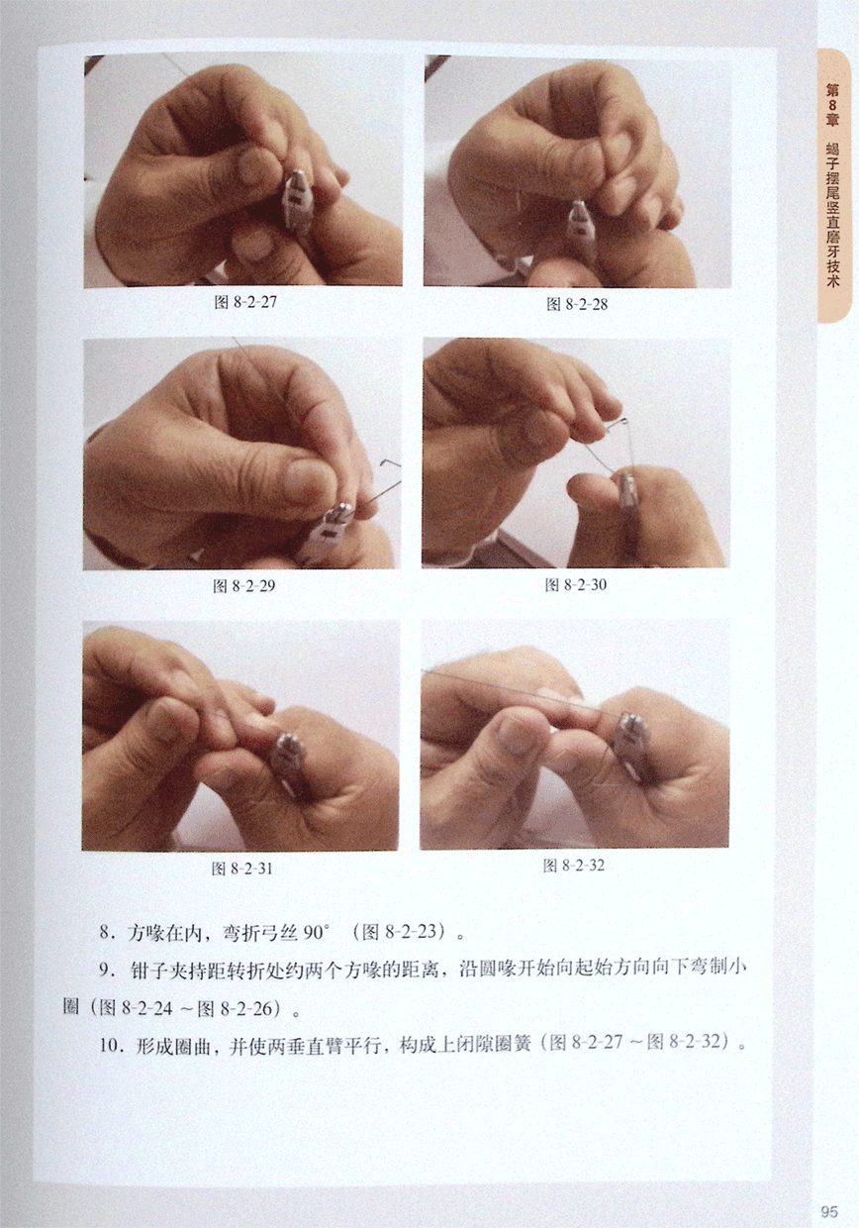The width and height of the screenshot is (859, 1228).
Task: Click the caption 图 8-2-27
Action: (244, 302)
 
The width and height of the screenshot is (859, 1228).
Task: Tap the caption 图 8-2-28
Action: (577, 304)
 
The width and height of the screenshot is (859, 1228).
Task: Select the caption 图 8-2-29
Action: (243, 586)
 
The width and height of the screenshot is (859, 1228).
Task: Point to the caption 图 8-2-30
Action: (575, 585)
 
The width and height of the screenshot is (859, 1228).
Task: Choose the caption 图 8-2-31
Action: (242, 869)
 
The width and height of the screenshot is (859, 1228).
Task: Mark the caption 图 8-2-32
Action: (574, 866)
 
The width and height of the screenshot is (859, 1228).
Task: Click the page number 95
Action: (830, 1210)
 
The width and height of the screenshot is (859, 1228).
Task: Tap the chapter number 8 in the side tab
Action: (832, 106)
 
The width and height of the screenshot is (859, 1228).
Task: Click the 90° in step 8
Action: (316, 933)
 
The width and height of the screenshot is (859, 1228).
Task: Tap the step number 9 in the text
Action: (105, 970)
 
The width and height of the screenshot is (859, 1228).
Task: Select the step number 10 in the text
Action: (109, 1045)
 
